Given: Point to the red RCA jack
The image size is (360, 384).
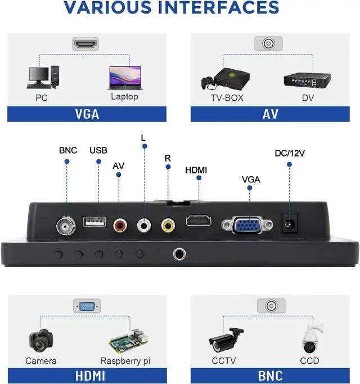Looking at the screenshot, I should pyautogui.click(x=119, y=226).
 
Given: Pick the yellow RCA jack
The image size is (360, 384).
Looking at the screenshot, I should pyautogui.click(x=168, y=226).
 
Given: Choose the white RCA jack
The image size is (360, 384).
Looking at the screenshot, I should pyautogui.click(x=144, y=226).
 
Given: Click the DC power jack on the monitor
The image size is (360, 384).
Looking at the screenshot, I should pyautogui.click(x=289, y=224).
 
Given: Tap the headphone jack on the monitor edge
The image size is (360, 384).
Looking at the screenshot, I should pyautogui.click(x=181, y=254).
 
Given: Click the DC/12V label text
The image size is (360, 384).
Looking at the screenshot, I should pyautogui.click(x=290, y=153).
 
